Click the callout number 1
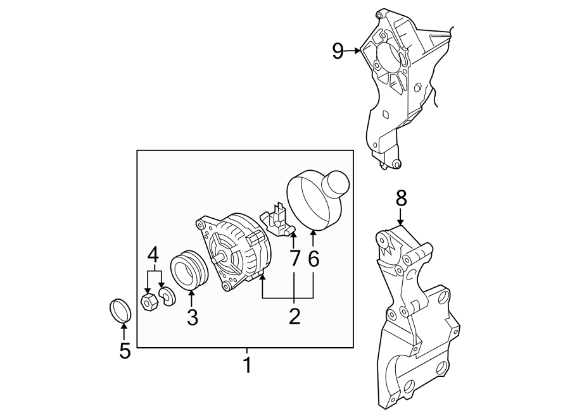(248, 366)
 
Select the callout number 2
(294, 316)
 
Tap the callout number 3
(192, 317)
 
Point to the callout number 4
(153, 255)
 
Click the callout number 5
(125, 350)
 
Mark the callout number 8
(400, 199)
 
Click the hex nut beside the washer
(149, 300)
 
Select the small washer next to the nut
(168, 295)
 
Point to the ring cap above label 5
(118, 310)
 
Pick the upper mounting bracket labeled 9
(399, 82)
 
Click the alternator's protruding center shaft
(219, 258)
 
